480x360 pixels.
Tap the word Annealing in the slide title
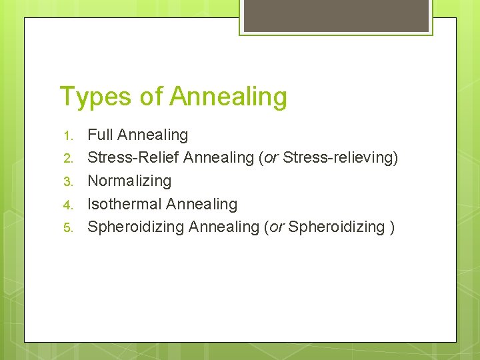228,97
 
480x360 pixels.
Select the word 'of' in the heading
152,97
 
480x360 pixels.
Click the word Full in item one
101,135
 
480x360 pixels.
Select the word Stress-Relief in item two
133,158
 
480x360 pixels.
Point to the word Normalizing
129,181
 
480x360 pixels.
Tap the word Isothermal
125,204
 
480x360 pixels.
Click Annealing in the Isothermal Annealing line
201,204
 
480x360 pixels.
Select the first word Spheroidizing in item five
136,227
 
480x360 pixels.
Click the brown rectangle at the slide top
336,15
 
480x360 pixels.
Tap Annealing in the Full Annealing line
153,135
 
